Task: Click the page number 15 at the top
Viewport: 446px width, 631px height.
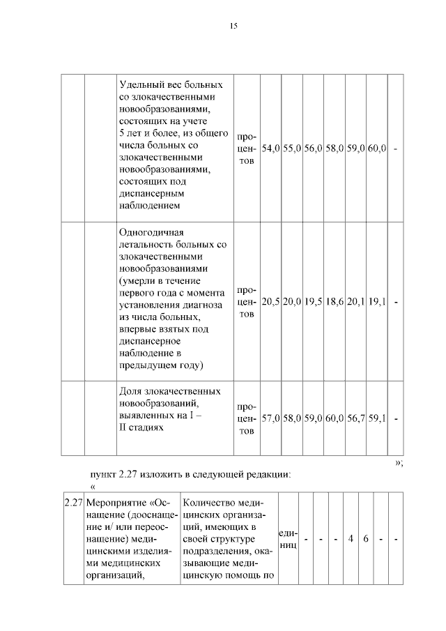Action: tap(233, 26)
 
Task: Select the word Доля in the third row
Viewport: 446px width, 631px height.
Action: tap(131, 391)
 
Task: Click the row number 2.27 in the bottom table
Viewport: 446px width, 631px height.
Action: tap(73, 503)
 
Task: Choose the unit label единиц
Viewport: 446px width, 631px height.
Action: tap(288, 538)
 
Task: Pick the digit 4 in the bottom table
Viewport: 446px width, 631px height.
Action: tap(351, 538)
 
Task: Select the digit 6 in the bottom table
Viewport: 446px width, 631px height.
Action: tap(366, 538)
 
